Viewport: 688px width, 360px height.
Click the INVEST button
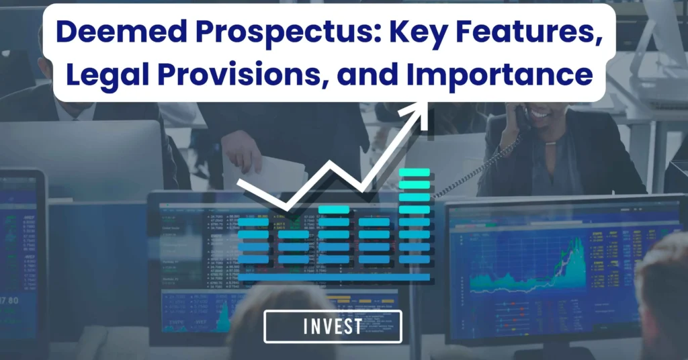(333, 327)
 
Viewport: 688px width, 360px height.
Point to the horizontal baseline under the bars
(334, 277)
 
